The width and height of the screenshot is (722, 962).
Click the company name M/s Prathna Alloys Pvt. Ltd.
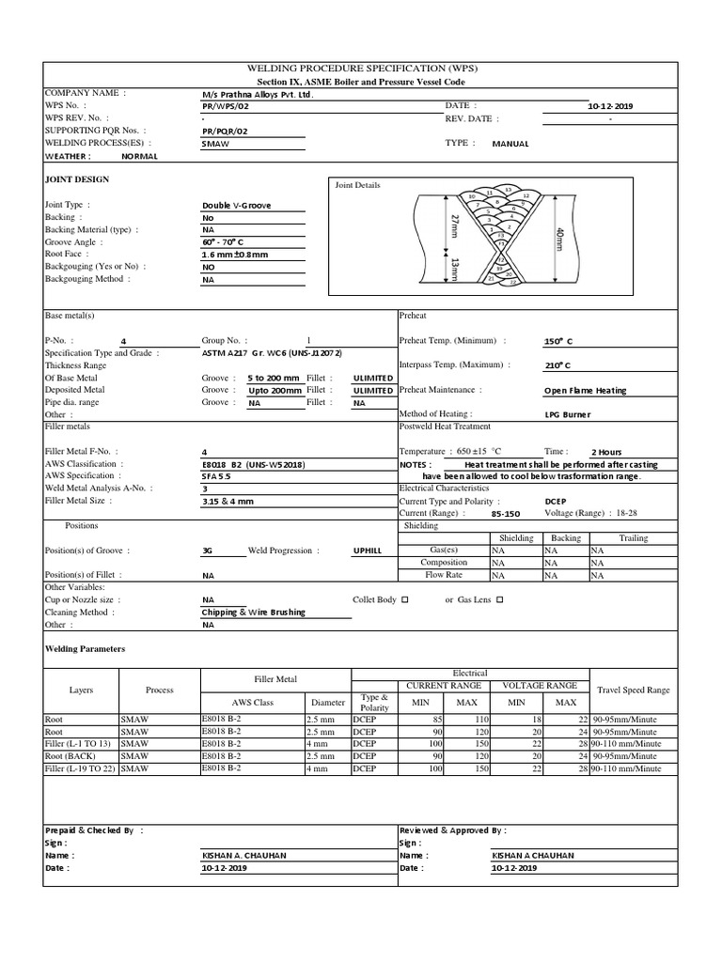pyautogui.click(x=257, y=95)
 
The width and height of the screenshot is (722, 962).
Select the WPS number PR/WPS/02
pyautogui.click(x=226, y=107)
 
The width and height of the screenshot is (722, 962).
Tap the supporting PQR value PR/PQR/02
pyautogui.click(x=226, y=132)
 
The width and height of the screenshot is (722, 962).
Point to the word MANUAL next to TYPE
pyautogui.click(x=510, y=144)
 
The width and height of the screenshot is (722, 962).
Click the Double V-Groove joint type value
pyautogui.click(x=237, y=205)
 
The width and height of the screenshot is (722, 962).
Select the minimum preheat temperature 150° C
pyautogui.click(x=557, y=341)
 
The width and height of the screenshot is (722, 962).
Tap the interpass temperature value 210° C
pyautogui.click(x=557, y=365)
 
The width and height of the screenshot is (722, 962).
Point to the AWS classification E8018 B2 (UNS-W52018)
pyautogui.click(x=253, y=464)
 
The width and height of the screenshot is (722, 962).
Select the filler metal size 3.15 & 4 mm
pyautogui.click(x=228, y=502)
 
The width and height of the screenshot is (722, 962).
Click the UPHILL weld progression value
pyautogui.click(x=368, y=551)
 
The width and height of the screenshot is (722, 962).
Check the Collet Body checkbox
pyautogui.click(x=405, y=598)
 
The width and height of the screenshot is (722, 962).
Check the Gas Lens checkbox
pyautogui.click(x=499, y=598)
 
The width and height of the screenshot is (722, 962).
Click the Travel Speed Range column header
pyautogui.click(x=633, y=690)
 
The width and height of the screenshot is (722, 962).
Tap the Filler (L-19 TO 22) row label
pyautogui.click(x=82, y=768)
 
